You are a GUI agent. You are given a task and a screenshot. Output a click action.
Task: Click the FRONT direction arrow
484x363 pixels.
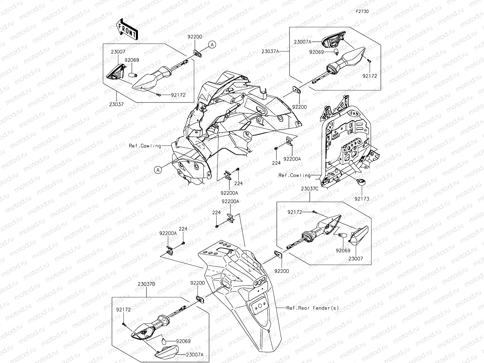[126, 29]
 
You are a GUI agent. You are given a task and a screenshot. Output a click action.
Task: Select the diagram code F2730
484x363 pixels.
[362, 11]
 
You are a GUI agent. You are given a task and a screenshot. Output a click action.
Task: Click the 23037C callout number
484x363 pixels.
[310, 189]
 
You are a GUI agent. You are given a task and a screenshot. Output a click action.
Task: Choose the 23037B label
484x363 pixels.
[147, 284]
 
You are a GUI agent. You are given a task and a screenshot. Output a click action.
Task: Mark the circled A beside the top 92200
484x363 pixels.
[212, 45]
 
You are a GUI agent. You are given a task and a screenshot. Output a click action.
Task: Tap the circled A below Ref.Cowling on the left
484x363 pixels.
[158, 170]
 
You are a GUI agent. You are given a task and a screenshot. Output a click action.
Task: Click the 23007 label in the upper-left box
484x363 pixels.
[118, 52]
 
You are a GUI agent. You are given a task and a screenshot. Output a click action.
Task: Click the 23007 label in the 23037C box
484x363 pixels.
[355, 259]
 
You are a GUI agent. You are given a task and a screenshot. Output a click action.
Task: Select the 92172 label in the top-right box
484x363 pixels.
[369, 76]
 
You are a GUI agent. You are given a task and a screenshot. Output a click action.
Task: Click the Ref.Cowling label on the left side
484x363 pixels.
[145, 146]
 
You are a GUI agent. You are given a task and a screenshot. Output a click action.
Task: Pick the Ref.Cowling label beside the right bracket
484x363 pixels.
[294, 175]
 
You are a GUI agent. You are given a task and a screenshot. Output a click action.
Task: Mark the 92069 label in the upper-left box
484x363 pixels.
[132, 60]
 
